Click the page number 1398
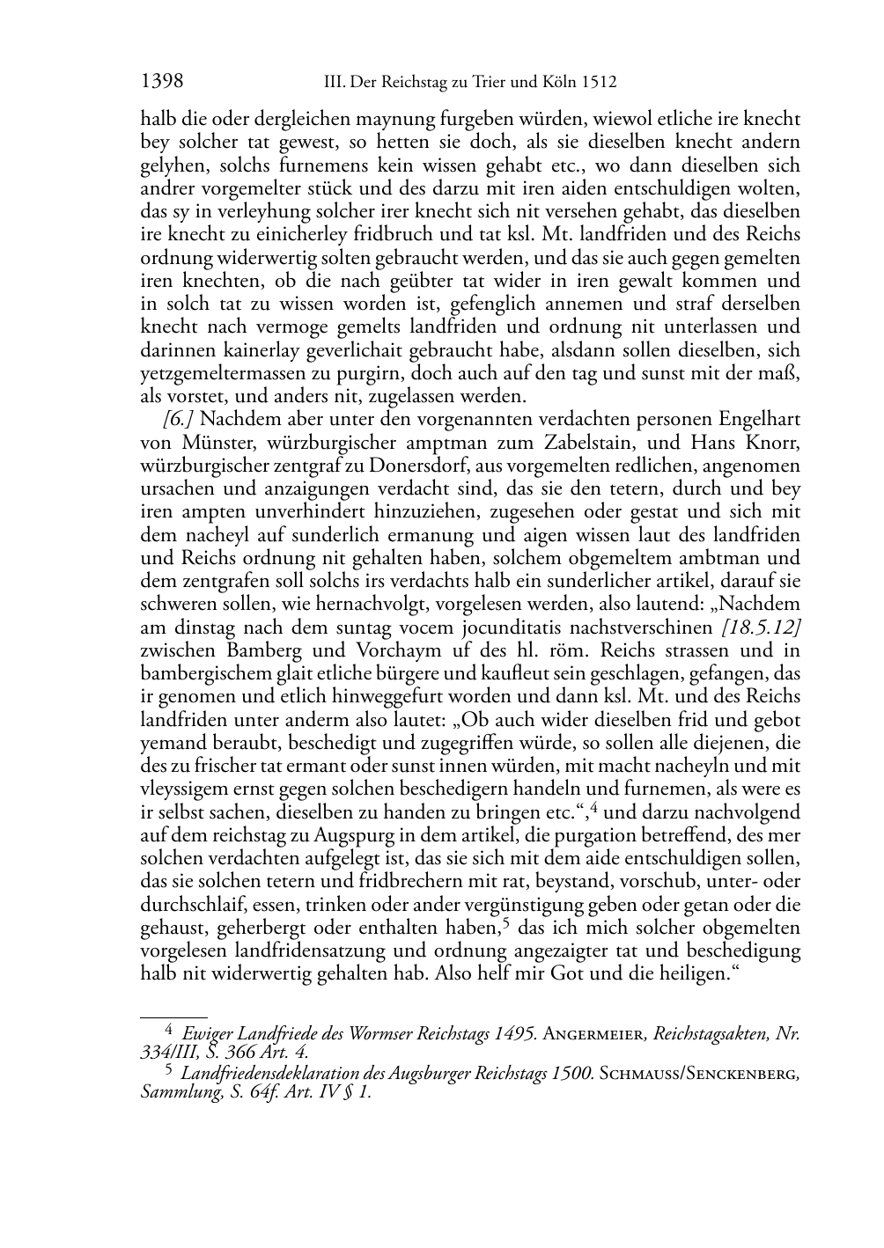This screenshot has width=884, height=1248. pos(162,82)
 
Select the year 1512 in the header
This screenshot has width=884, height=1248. pos(598,83)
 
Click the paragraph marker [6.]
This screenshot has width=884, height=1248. pos(179,419)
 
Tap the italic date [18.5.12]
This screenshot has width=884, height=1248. pos(761,627)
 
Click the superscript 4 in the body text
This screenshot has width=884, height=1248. pos(595,806)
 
